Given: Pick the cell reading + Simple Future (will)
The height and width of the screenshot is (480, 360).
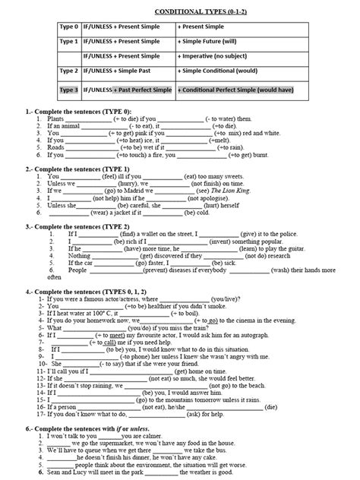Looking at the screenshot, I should tap(207, 42).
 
